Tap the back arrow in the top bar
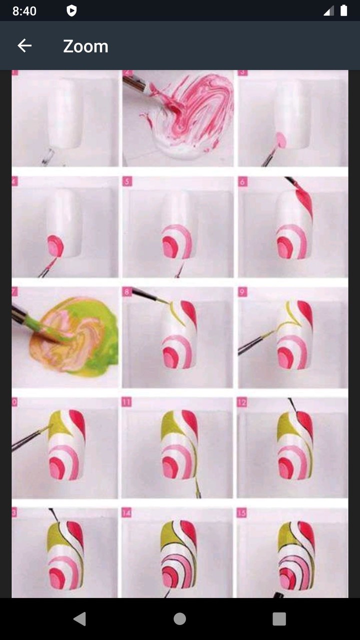24,46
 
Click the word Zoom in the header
85,46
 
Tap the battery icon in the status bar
343,10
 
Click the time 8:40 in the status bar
24,11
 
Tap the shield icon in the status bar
71,11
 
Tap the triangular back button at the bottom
79,618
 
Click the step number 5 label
127,181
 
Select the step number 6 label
243,181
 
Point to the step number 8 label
127,291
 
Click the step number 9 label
243,291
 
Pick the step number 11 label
127,402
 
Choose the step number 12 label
242,402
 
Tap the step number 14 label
127,512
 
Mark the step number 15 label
242,512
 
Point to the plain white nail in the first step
65,114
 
